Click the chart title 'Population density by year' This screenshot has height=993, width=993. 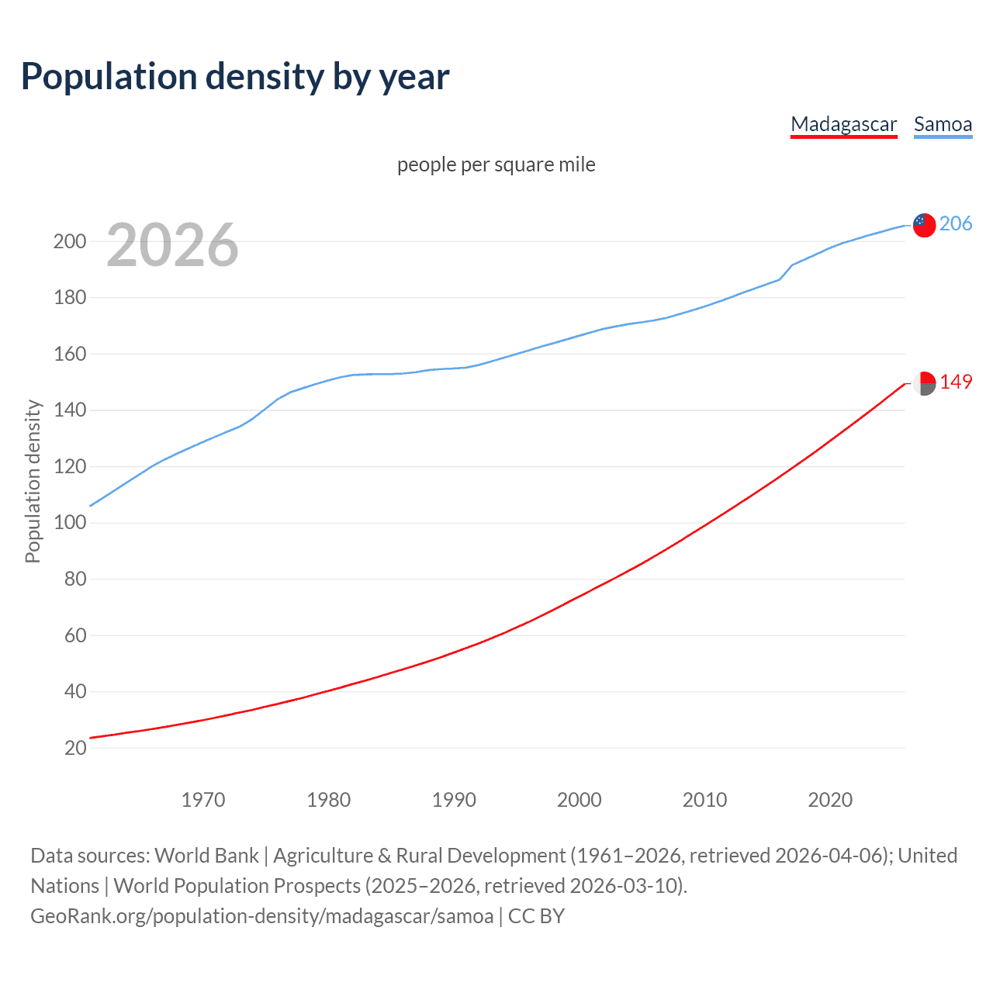click(x=235, y=76)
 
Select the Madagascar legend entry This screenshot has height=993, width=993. click(x=843, y=124)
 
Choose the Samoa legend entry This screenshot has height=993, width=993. click(x=943, y=124)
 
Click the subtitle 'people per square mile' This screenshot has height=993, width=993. click(x=496, y=164)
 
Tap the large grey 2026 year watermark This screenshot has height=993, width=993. click(x=172, y=245)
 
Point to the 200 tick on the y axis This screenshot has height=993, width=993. click(x=70, y=241)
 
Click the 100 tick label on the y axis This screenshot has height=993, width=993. click(x=70, y=523)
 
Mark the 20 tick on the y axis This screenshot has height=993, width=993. click(x=75, y=748)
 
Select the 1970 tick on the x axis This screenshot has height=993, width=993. click(x=203, y=800)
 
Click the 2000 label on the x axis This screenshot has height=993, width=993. click(x=579, y=800)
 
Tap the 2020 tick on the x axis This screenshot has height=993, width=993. click(x=830, y=800)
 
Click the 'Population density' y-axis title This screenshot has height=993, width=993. click(x=33, y=481)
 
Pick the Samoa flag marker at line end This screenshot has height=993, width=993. click(x=924, y=225)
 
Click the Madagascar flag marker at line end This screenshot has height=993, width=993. click(x=924, y=383)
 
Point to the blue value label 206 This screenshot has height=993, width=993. click(x=956, y=223)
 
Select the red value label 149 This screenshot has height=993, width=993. click(x=956, y=382)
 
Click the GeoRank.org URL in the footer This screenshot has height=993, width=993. click(x=262, y=916)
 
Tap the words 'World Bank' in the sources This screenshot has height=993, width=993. click(x=206, y=856)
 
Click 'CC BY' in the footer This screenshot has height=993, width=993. click(x=536, y=916)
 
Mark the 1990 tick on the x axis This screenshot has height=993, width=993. click(x=454, y=800)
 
